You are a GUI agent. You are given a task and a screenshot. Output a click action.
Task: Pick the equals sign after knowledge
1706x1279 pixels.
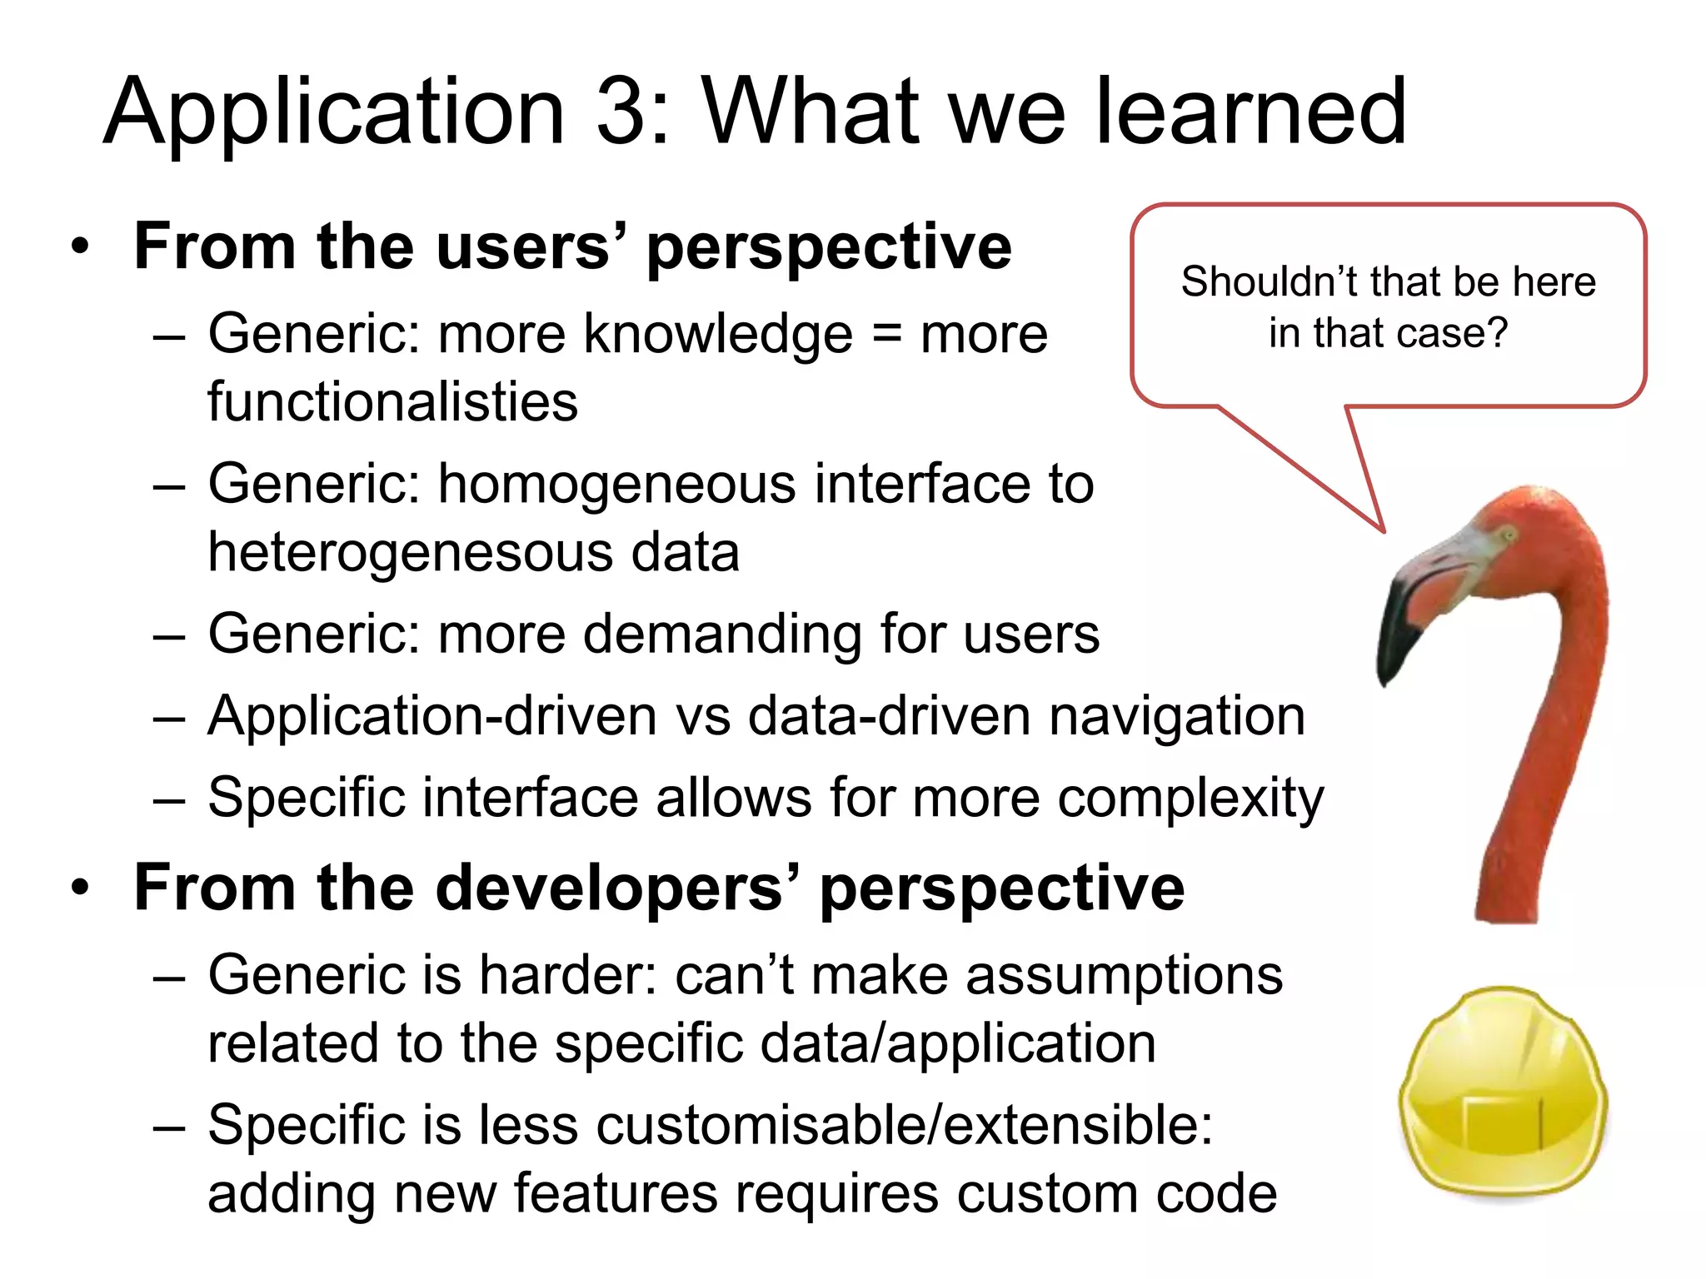click(887, 335)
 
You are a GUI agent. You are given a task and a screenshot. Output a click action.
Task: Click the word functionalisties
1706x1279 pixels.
click(392, 401)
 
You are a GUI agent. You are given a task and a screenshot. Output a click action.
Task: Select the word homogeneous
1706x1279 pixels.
click(617, 485)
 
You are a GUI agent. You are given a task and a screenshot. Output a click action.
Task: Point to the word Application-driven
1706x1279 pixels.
click(432, 716)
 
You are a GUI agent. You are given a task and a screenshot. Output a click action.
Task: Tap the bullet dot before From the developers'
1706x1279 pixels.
click(79, 888)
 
